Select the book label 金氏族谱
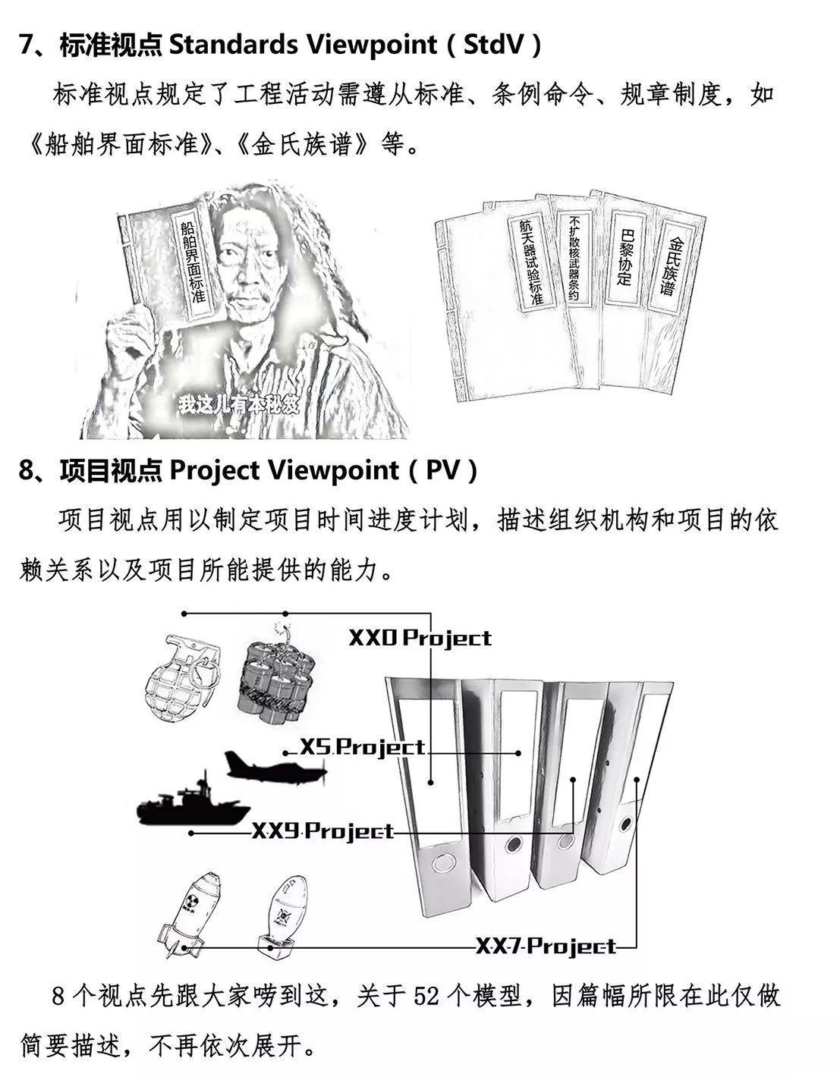click(x=672, y=266)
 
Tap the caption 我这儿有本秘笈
click(x=239, y=405)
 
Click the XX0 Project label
click(x=420, y=638)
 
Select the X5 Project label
click(x=363, y=747)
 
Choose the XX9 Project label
click(x=323, y=831)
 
